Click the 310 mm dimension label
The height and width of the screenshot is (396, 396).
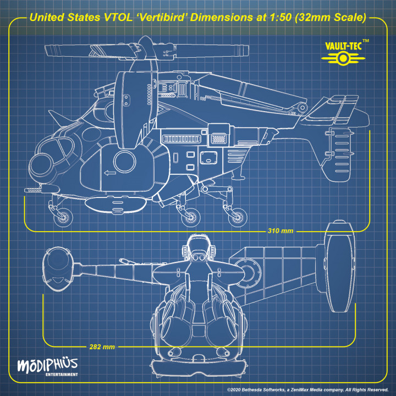[280, 230]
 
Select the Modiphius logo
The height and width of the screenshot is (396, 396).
[47, 365]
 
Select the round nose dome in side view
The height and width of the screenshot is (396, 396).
[42, 163]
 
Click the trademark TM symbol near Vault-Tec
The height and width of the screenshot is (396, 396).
[366, 41]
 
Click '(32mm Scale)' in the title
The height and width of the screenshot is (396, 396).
[330, 18]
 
